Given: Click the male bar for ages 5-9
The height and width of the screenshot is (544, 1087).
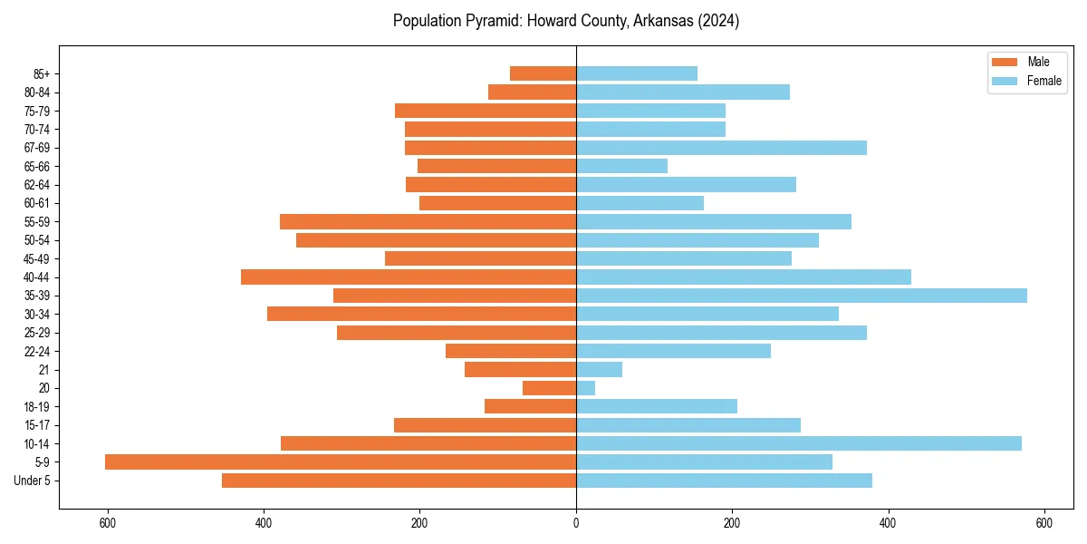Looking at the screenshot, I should pyautogui.click(x=341, y=462).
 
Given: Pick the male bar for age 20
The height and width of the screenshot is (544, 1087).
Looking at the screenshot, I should pyautogui.click(x=549, y=388).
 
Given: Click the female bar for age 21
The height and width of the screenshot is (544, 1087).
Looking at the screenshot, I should pyautogui.click(x=599, y=370).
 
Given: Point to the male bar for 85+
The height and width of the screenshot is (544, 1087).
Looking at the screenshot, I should pyautogui.click(x=543, y=73).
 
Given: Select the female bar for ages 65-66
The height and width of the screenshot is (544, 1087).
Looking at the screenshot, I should pyautogui.click(x=621, y=166).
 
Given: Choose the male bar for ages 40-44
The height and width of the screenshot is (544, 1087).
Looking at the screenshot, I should pyautogui.click(x=409, y=277).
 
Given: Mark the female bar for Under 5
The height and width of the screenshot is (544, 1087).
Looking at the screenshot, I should pyautogui.click(x=724, y=481).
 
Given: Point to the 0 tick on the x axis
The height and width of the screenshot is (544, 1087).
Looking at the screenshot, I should pyautogui.click(x=576, y=522).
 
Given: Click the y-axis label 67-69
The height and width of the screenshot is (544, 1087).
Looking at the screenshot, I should pyautogui.click(x=37, y=148).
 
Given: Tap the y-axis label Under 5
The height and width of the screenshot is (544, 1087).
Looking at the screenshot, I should pyautogui.click(x=33, y=481).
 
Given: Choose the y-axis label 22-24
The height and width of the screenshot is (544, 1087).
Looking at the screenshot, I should pyautogui.click(x=37, y=352).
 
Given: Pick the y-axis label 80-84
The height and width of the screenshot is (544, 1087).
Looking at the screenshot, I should pyautogui.click(x=37, y=92).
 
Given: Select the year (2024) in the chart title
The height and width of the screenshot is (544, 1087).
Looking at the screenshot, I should pyautogui.click(x=720, y=21).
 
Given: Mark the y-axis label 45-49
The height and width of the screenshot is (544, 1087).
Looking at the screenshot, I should pyautogui.click(x=37, y=259).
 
